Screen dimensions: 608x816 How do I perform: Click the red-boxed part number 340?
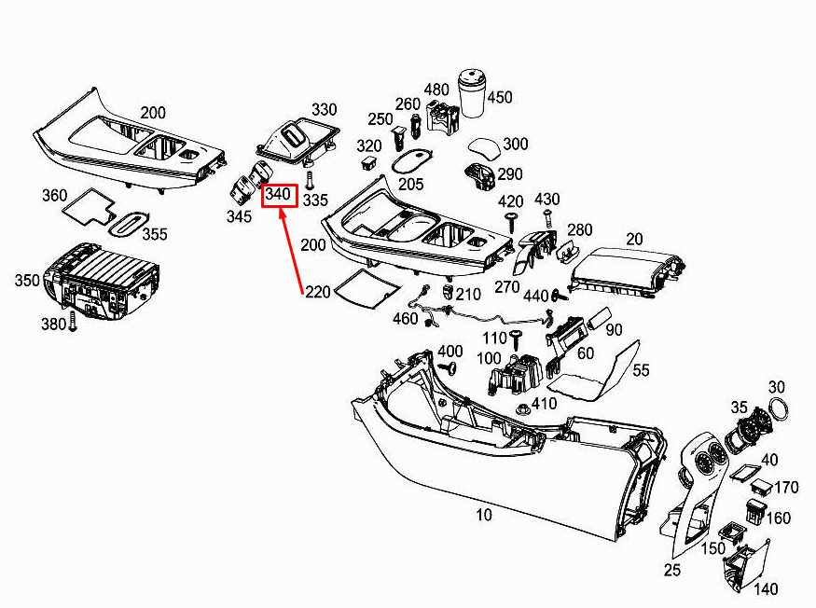[279, 195]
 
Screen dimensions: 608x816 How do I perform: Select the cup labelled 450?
[474, 92]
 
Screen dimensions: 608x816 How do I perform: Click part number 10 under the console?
[484, 514]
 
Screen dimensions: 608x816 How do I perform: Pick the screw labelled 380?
[73, 325]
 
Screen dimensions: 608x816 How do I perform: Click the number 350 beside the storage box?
[27, 279]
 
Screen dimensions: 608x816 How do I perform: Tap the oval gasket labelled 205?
[411, 159]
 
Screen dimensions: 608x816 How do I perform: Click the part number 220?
[317, 292]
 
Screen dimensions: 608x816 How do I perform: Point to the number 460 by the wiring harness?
[406, 319]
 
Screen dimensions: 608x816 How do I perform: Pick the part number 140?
[766, 589]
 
